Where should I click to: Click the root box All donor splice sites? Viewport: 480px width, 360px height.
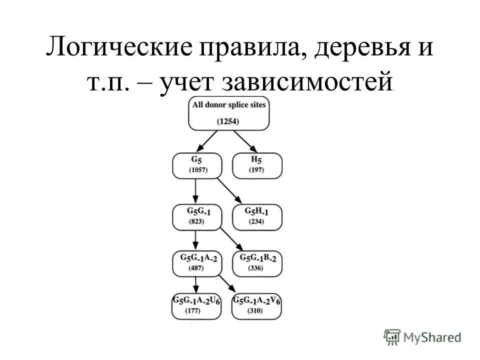point(228,113)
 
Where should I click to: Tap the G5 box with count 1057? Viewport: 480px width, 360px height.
point(196,165)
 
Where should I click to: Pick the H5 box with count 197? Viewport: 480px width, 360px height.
point(257,165)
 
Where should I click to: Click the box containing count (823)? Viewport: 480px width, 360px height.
point(196,216)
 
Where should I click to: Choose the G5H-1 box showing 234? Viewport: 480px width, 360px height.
point(257,216)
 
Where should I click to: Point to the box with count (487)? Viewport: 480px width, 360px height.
point(196,263)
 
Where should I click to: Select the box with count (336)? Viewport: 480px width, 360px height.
point(257,263)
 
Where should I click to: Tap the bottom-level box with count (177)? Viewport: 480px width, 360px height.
point(196,305)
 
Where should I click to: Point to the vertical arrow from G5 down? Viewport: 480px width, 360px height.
point(195,190)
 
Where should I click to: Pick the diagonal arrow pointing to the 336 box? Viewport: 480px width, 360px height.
point(230,239)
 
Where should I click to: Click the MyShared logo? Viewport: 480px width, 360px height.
point(422,336)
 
